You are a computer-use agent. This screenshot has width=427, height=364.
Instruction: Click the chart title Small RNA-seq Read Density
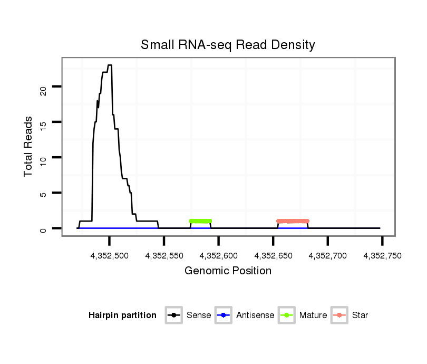pyautogui.click(x=228, y=45)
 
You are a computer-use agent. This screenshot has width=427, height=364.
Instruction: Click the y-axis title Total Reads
pyautogui.click(x=28, y=147)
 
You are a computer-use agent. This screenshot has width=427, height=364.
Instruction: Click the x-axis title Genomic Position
pyautogui.click(x=228, y=271)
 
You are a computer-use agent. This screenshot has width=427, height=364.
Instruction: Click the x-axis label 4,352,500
pyautogui.click(x=110, y=256)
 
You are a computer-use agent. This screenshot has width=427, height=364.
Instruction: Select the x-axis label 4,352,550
pyautogui.click(x=164, y=256)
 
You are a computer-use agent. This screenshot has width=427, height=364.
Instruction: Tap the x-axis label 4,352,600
pyautogui.click(x=219, y=256)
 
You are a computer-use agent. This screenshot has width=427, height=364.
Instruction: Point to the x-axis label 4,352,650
pyautogui.click(x=273, y=256)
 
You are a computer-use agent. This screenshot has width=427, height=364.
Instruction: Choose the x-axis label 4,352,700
pyautogui.click(x=328, y=256)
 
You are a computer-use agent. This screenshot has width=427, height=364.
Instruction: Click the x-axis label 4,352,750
pyautogui.click(x=382, y=256)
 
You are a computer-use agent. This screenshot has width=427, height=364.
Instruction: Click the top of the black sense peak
pyautogui.click(x=109, y=65)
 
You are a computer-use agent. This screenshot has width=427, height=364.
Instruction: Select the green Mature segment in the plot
pyautogui.click(x=200, y=221)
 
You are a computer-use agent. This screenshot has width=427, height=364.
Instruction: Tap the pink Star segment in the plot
pyautogui.click(x=293, y=221)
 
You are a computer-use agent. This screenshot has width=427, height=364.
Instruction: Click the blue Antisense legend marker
pyautogui.click(x=224, y=315)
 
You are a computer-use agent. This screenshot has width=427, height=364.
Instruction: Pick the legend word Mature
pyautogui.click(x=313, y=315)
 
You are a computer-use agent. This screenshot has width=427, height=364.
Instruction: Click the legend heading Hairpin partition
pyautogui.click(x=122, y=315)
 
